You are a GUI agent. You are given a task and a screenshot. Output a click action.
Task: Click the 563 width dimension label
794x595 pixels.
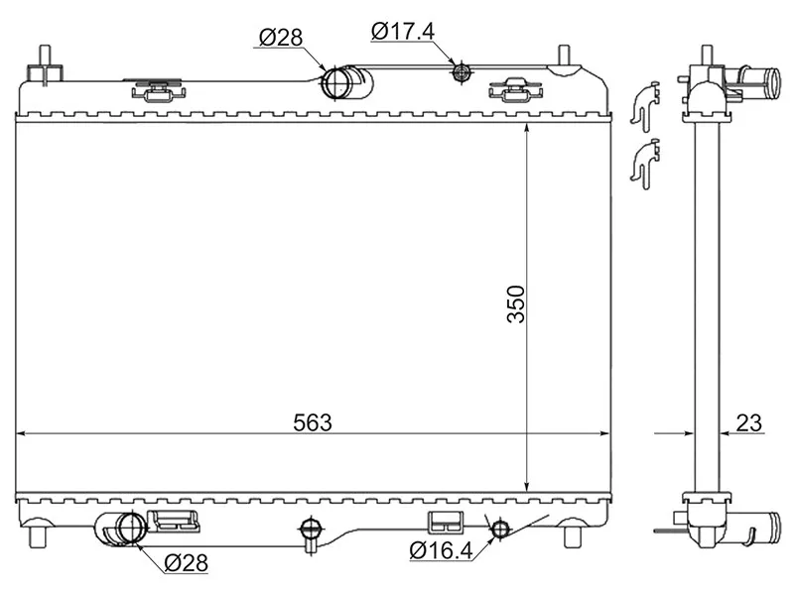point(312,421)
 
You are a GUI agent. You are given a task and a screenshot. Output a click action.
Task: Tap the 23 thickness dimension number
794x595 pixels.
point(749,422)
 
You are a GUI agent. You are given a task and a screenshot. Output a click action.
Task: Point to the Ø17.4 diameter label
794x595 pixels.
point(402,31)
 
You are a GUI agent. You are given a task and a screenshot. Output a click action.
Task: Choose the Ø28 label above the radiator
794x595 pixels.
point(280,39)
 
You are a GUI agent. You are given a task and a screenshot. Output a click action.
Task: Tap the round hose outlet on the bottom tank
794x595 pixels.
point(125,530)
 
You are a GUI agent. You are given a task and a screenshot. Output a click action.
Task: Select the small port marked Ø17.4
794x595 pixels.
point(460,71)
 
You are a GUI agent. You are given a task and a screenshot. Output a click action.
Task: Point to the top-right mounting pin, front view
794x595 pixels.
point(564,59)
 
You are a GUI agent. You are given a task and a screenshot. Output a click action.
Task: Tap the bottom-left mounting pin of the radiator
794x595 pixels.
point(41,535)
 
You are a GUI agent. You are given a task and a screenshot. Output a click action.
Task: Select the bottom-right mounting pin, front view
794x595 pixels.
point(572,535)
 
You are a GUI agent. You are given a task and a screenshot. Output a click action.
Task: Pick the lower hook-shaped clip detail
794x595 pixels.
point(643,161)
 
